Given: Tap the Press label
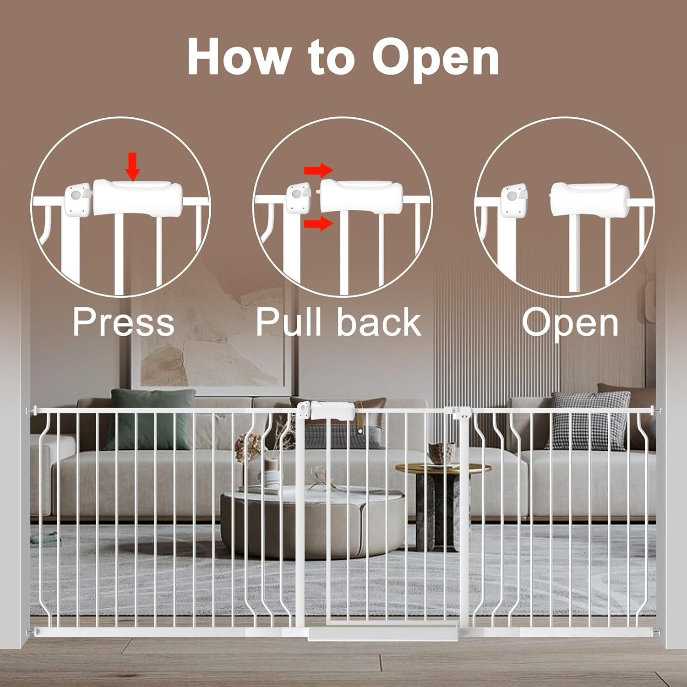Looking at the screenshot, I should click(124, 322).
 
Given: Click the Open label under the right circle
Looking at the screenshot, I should click(570, 322).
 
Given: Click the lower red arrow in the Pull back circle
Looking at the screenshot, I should click(319, 224).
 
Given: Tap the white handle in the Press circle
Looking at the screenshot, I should click(137, 198).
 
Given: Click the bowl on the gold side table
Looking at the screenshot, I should click(442, 453).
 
